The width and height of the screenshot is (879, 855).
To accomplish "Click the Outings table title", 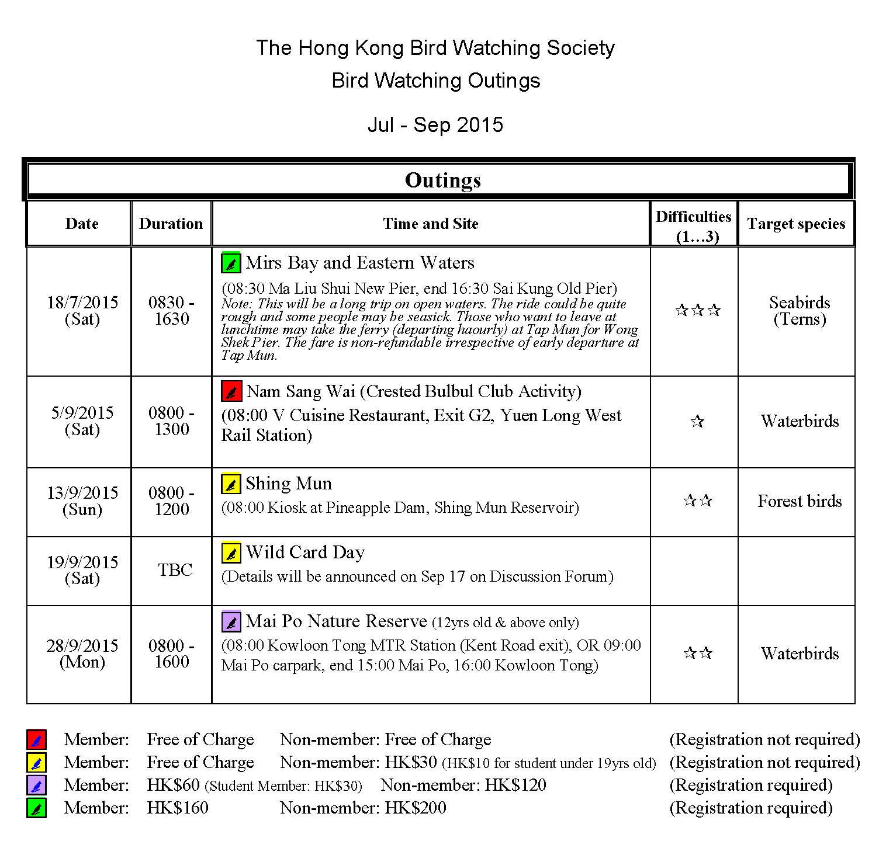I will pyautogui.click(x=442, y=180).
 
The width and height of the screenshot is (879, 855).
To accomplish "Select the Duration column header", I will pyautogui.click(x=171, y=224).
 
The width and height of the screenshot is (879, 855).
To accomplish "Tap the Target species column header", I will pyautogui.click(x=796, y=224).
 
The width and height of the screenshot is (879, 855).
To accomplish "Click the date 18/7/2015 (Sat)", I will pyautogui.click(x=82, y=310).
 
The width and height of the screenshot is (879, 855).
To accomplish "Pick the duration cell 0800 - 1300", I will pyautogui.click(x=171, y=420).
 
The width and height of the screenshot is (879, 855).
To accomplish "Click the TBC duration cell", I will pyautogui.click(x=175, y=569).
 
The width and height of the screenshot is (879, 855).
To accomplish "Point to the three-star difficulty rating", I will pyautogui.click(x=697, y=310).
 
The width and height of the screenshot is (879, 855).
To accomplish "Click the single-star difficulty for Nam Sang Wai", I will pyautogui.click(x=697, y=421).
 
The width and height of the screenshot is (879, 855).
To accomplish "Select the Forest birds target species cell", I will pyautogui.click(x=800, y=501).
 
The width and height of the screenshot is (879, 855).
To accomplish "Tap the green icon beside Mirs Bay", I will pyautogui.click(x=231, y=263).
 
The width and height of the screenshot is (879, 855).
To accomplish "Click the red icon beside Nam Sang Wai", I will pyautogui.click(x=231, y=391).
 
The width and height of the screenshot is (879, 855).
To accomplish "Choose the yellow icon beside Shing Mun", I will pyautogui.click(x=231, y=484).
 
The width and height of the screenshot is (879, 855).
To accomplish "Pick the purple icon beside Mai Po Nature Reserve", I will pyautogui.click(x=231, y=621).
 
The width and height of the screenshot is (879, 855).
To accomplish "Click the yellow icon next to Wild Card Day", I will pyautogui.click(x=231, y=552).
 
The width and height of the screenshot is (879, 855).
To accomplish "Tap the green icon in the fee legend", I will pyautogui.click(x=36, y=808).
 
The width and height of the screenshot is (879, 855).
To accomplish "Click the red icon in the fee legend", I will pyautogui.click(x=36, y=739).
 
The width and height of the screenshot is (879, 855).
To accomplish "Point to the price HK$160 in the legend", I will pyautogui.click(x=178, y=808).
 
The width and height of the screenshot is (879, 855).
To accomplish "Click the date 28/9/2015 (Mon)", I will pyautogui.click(x=82, y=654).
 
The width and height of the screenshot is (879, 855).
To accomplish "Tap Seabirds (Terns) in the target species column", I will pyautogui.click(x=800, y=310).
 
